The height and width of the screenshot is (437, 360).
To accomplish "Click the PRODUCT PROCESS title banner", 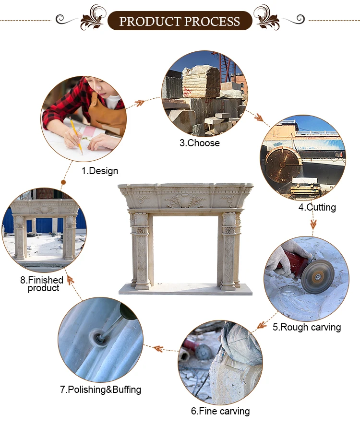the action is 180,21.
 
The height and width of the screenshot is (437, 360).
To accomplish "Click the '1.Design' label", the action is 99,171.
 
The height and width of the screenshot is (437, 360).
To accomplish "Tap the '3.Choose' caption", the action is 200,143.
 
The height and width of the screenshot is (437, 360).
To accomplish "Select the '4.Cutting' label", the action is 317,207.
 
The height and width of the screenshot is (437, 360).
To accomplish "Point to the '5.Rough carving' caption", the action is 307,327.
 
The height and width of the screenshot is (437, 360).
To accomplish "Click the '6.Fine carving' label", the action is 220,411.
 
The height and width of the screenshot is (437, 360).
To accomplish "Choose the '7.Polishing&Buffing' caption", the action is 101,390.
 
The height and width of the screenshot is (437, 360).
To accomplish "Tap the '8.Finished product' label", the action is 42,283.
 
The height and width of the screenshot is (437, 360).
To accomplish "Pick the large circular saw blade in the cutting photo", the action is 283,165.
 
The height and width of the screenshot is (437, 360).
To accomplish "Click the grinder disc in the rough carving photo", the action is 318,276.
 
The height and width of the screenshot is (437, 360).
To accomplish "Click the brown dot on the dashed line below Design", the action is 63,182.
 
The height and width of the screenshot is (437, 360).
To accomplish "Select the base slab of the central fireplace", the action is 185,290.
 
